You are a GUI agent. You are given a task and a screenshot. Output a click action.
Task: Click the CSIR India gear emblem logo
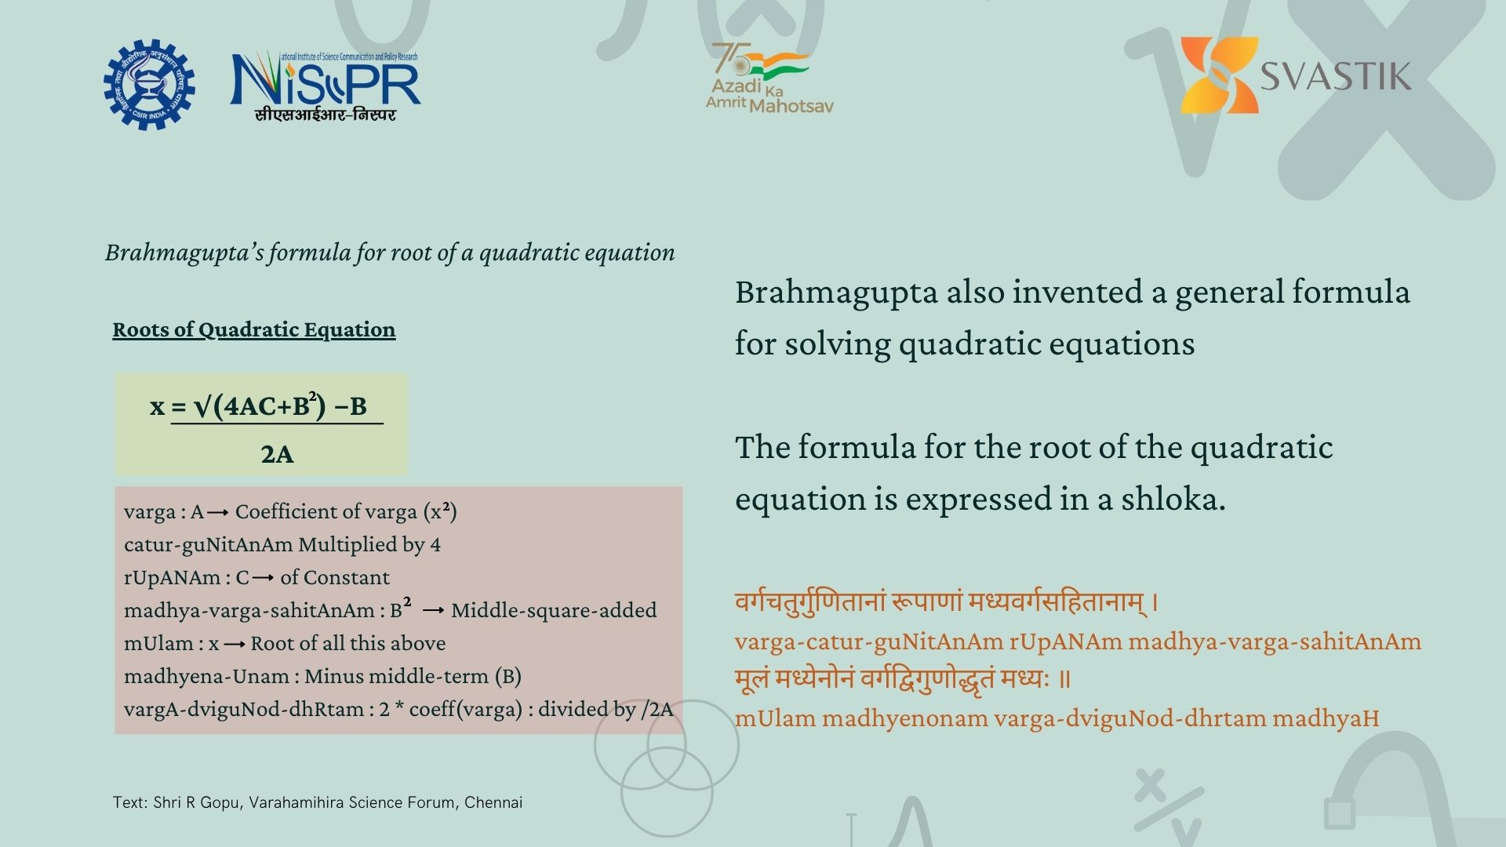point(149,84)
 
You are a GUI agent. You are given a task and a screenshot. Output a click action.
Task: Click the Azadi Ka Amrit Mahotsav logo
point(769,78)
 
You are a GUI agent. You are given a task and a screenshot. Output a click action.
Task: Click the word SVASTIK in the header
point(1335,77)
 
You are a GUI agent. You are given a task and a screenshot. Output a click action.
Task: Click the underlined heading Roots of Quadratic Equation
point(253,329)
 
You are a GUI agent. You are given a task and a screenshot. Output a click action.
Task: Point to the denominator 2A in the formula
point(277,454)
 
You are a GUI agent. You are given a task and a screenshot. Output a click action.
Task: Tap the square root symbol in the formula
point(202,406)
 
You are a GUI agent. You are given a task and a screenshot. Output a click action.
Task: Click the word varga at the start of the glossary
point(149,512)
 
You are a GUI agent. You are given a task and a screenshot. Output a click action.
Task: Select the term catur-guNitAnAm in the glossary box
point(208,544)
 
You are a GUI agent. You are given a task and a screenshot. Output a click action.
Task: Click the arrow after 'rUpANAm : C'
point(263,578)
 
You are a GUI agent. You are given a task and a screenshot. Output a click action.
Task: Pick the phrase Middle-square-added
point(554,610)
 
